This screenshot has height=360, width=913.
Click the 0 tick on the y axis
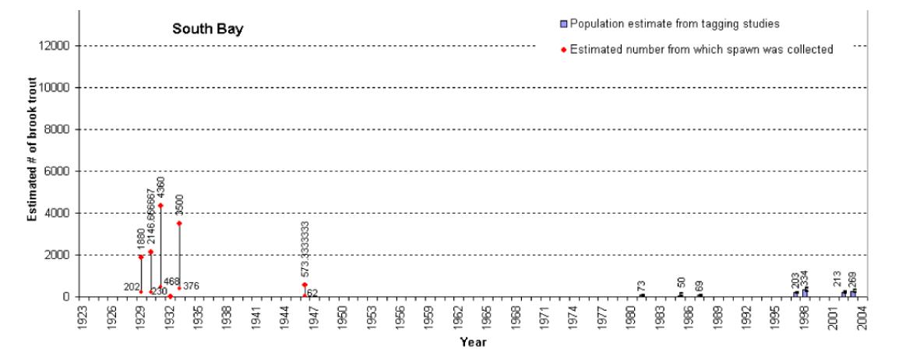69,297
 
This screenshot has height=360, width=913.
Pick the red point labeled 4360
160,206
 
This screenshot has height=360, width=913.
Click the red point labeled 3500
179,224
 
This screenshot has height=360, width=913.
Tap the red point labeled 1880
141,257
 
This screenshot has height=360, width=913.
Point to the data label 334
805,277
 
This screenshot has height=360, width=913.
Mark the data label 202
131,288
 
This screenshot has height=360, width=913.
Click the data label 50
680,284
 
